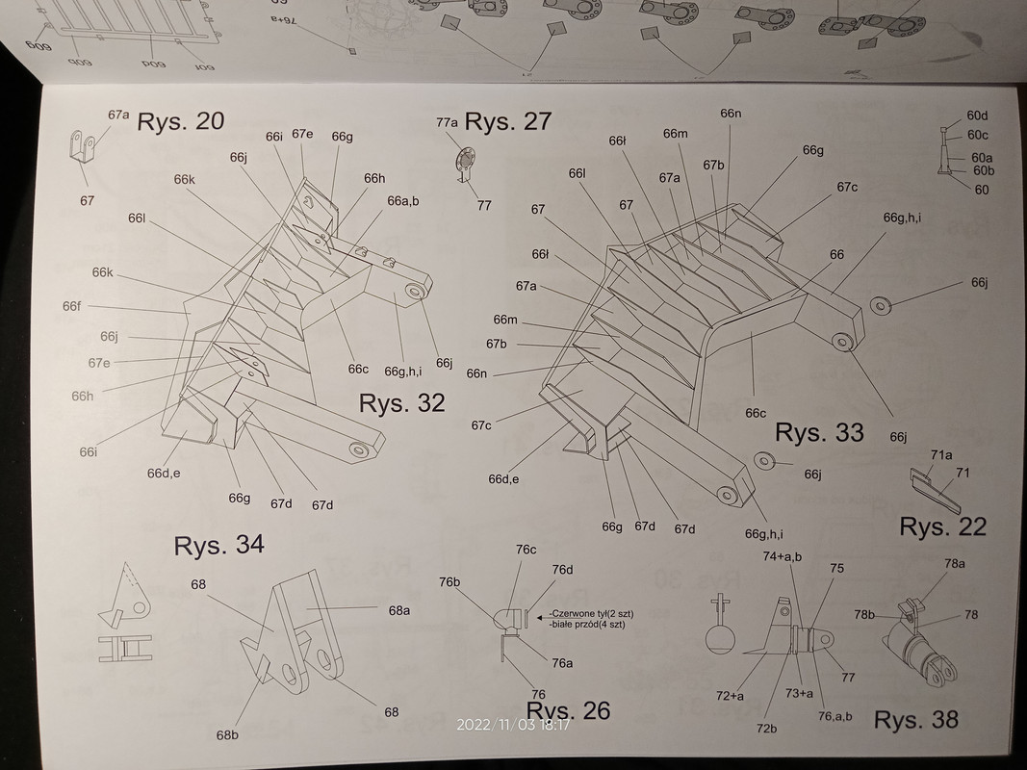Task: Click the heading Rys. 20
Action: (181, 121)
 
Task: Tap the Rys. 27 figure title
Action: (508, 121)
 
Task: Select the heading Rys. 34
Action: (218, 545)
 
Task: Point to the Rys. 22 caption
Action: (942, 526)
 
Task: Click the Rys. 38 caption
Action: (915, 719)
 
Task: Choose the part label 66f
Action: (71, 306)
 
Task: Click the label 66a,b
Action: (403, 201)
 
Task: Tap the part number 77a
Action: (447, 122)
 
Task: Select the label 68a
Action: (399, 609)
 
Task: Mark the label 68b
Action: (227, 735)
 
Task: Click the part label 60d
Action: (978, 116)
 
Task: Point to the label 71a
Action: (940, 454)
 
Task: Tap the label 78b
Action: (863, 615)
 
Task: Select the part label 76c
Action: (526, 550)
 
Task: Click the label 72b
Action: (766, 729)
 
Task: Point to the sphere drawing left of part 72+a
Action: (717, 641)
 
